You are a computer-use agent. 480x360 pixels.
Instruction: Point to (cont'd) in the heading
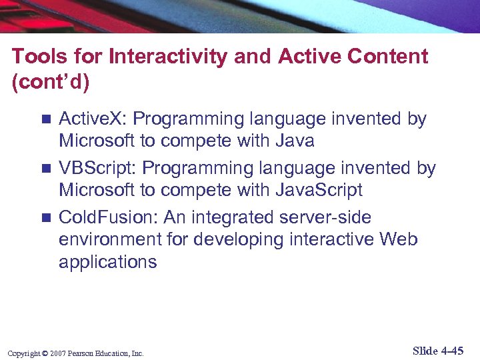pyautogui.click(x=50, y=83)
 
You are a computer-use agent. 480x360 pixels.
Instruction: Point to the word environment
pyautogui.click(x=105, y=239)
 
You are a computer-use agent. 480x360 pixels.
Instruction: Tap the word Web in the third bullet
pyautogui.click(x=399, y=239)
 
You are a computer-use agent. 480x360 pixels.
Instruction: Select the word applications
pyautogui.click(x=108, y=262)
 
